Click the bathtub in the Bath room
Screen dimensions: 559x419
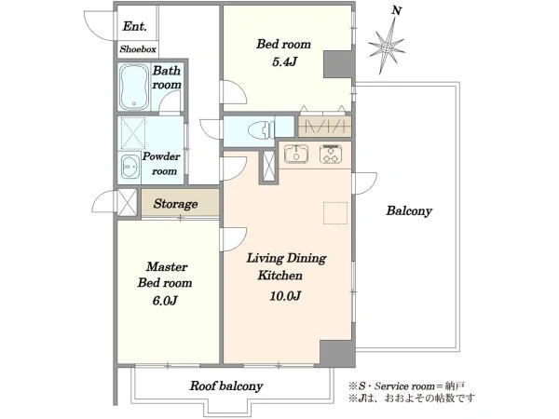(x=133, y=87)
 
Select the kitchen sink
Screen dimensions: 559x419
(x=296, y=154)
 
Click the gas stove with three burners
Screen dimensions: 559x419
(x=331, y=154)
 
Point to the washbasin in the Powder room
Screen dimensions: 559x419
(x=130, y=167)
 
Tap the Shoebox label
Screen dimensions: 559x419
(x=138, y=49)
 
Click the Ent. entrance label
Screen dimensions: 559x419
(x=134, y=26)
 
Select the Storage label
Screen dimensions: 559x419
(x=175, y=204)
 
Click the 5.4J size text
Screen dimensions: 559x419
(x=284, y=62)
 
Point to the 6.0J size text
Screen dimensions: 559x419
(x=165, y=301)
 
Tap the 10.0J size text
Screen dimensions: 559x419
(x=286, y=296)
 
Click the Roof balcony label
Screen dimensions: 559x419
(x=226, y=385)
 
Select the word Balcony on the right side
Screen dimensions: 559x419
(x=409, y=211)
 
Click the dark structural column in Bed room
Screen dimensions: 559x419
(x=338, y=64)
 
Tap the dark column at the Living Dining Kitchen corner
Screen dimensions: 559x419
(x=337, y=353)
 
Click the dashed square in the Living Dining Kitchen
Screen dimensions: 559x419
(x=335, y=212)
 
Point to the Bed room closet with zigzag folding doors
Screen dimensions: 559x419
(x=325, y=127)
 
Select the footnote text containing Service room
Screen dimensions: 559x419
(x=407, y=386)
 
